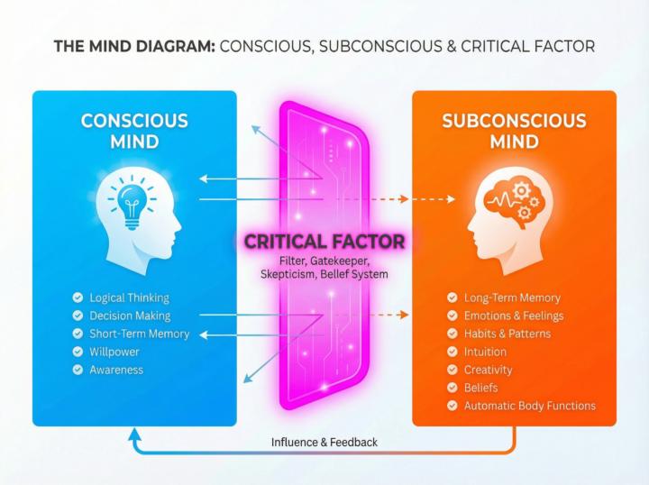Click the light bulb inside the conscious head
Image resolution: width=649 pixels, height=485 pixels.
click(132, 206)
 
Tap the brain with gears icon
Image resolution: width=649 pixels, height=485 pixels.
click(512, 201)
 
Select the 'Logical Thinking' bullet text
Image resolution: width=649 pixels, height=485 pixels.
click(129, 298)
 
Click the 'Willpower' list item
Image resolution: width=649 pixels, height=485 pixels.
click(114, 352)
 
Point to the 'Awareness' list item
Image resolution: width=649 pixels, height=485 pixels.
click(116, 370)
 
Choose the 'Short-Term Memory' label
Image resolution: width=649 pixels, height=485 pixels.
click(140, 334)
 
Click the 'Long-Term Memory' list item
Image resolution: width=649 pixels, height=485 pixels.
click(512, 298)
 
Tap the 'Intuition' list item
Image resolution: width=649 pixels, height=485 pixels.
click(485, 352)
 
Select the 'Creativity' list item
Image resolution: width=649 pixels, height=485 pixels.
click(488, 370)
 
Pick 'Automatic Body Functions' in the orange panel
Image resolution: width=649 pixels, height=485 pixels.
click(530, 406)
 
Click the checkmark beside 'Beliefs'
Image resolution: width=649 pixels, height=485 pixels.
click(452, 388)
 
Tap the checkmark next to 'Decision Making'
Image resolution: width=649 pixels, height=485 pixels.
click(78, 316)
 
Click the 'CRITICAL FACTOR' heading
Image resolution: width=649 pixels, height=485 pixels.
click(324, 242)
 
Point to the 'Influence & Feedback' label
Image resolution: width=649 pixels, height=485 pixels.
click(324, 443)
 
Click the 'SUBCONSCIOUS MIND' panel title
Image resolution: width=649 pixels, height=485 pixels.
click(514, 132)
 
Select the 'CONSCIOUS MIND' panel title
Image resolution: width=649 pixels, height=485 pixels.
click(134, 132)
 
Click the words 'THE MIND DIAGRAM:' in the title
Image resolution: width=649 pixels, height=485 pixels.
click(134, 46)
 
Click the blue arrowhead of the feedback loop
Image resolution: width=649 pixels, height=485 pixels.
click(134, 435)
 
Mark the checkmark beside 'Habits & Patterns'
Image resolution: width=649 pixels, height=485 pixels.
click(452, 334)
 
